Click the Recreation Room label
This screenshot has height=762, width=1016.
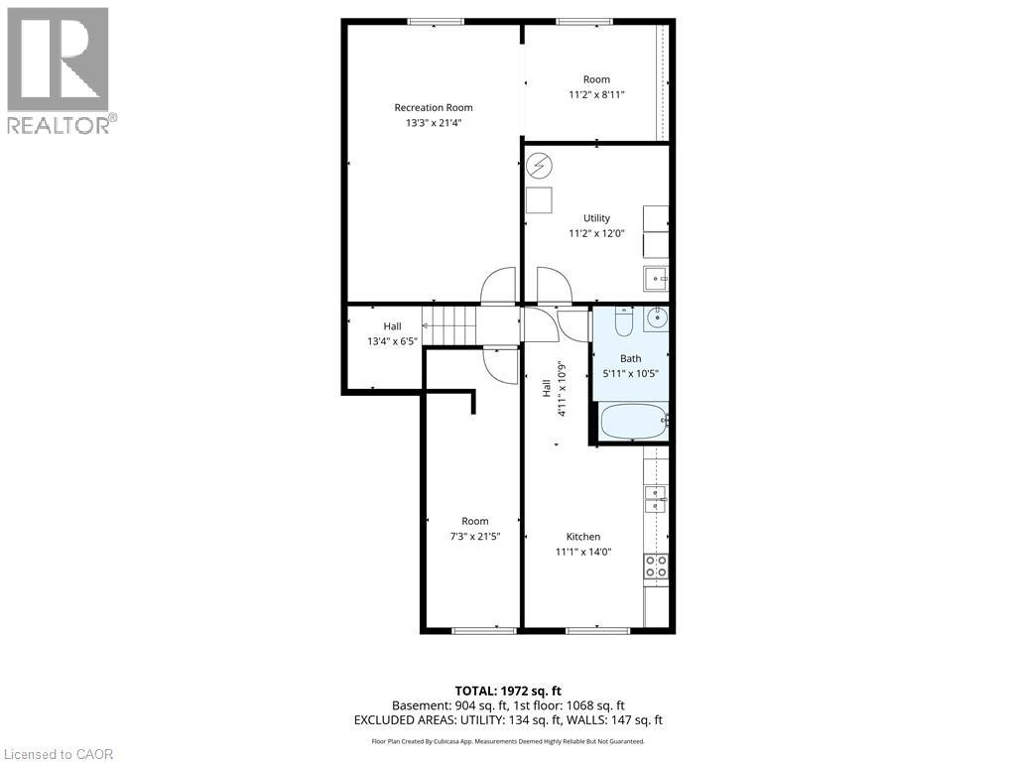click(x=433, y=107)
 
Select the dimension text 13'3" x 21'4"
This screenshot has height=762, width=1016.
click(x=433, y=123)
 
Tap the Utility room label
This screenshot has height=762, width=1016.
click(x=596, y=218)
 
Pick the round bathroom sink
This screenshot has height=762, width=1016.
click(x=656, y=318)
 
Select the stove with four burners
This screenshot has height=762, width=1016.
click(x=656, y=567)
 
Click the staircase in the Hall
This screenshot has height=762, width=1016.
click(x=448, y=324)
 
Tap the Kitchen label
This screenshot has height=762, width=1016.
click(x=583, y=537)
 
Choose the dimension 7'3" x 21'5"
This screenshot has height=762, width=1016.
click(x=474, y=537)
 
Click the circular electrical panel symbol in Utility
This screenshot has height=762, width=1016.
click(x=539, y=165)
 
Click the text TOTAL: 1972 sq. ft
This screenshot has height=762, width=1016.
click(x=507, y=690)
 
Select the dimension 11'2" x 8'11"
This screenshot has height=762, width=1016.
click(x=596, y=95)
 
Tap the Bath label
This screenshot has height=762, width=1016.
click(x=631, y=358)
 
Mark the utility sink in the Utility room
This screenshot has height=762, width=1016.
click(x=655, y=280)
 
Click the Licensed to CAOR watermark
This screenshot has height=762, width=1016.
click(x=58, y=754)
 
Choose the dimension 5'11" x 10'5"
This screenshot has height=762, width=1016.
click(x=631, y=374)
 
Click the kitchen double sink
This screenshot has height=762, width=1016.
click(x=656, y=499)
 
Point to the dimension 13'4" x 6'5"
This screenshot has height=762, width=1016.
click(x=393, y=341)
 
